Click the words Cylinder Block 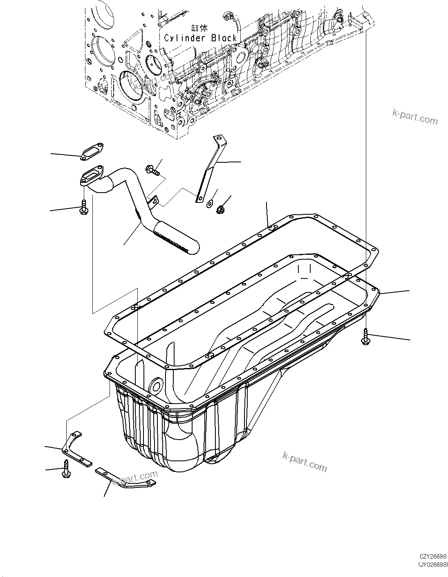(200, 38)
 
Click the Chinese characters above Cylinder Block (200, 28)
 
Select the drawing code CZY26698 (433, 557)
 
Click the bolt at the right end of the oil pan (365, 337)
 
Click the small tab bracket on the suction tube (154, 200)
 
